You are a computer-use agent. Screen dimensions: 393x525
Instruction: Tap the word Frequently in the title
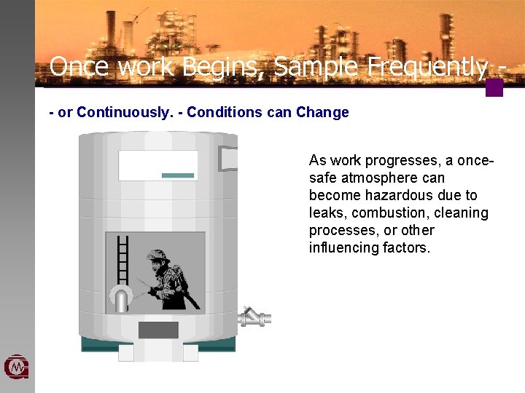tap(427, 67)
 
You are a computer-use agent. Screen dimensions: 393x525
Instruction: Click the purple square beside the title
tap(494, 88)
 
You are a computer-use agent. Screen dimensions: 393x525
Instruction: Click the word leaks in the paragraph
tap(325, 213)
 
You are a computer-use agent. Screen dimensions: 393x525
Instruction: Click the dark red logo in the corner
tap(16, 368)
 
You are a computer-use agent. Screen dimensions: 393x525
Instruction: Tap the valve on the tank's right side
tap(253, 317)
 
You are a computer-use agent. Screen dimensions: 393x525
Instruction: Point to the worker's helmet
tap(157, 256)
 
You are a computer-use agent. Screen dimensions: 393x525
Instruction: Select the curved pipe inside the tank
tap(119, 298)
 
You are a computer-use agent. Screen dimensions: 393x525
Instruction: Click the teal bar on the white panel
tap(178, 175)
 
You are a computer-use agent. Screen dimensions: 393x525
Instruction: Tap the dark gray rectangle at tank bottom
tap(158, 330)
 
